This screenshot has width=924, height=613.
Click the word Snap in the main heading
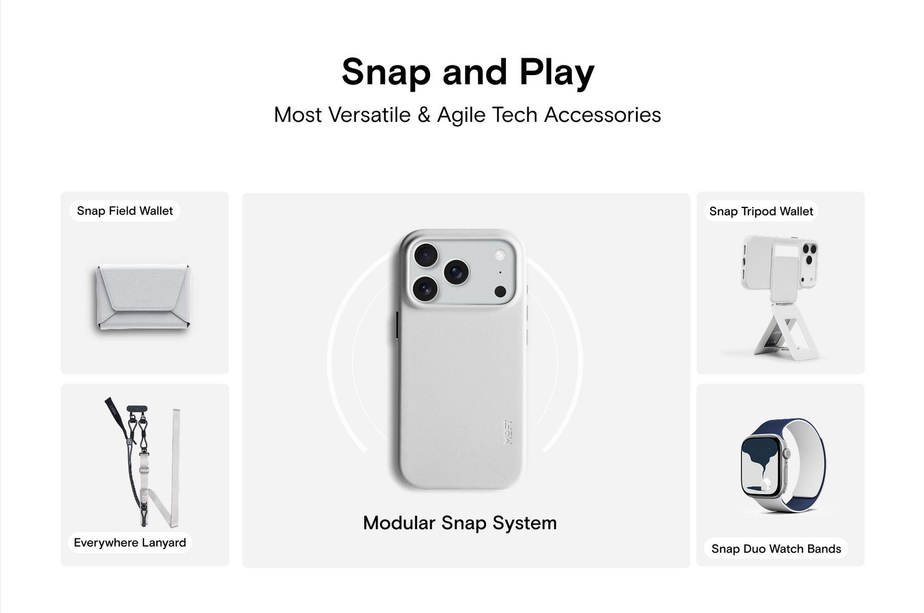386,73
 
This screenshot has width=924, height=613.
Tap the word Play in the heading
556,73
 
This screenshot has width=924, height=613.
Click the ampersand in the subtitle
424,114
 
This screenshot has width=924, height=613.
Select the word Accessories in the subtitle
602,114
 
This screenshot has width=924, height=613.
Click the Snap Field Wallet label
124,211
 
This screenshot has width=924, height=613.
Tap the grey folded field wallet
143,297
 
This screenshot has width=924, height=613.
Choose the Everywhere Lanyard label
130,542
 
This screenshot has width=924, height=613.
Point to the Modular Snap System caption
460,523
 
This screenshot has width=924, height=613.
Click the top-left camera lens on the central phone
426,255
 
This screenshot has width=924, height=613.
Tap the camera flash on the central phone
500,255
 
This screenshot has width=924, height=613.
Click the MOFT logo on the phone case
508,431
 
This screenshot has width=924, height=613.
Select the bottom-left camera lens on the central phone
425,288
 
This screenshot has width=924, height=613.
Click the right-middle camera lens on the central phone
456,271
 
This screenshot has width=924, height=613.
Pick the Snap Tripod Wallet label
761,212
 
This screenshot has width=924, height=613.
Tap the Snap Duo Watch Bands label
776,549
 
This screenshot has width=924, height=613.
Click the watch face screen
763,468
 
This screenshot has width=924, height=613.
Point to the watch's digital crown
787,454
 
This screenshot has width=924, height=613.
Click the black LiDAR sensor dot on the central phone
500,292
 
